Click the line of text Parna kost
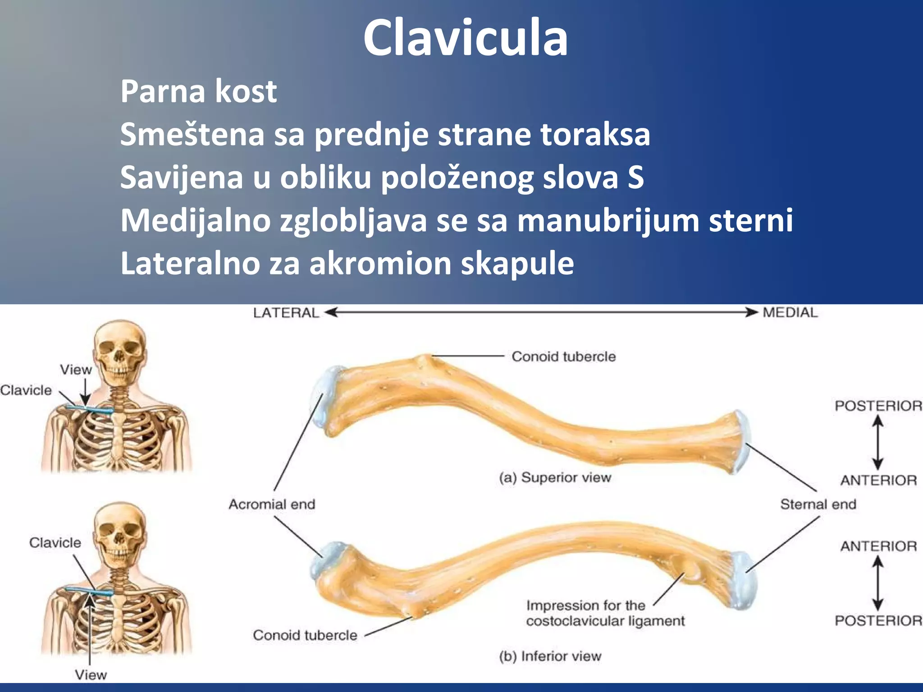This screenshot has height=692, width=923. coord(198,91)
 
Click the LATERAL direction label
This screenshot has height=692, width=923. coord(286,313)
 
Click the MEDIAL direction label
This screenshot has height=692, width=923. coord(790,313)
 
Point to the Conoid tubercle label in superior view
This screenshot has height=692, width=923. coord(563,356)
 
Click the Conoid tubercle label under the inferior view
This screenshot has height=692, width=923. coord(305,635)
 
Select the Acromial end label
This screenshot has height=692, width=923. coord(272,504)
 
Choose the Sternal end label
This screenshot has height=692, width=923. coord(818,504)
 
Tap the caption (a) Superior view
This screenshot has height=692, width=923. coord(555,477)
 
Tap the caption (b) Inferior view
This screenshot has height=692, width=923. coord(550,656)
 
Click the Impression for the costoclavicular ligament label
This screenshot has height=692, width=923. coord(605,613)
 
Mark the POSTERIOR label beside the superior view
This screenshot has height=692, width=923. coord(878,405)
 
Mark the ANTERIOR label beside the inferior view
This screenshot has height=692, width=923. coord(878,546)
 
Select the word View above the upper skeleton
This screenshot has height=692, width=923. coord(76,370)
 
